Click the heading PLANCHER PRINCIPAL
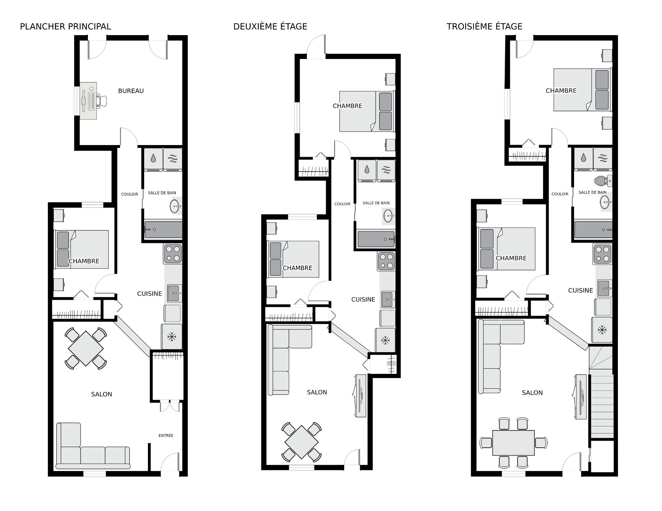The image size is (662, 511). [66, 27]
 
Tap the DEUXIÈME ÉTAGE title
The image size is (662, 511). [270, 27]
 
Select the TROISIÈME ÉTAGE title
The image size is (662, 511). [484, 27]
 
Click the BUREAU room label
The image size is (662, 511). [131, 91]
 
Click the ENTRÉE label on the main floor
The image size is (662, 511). [166, 436]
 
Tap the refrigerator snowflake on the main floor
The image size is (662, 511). [171, 337]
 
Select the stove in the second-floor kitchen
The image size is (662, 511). [387, 261]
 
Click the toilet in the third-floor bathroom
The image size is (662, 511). [603, 180]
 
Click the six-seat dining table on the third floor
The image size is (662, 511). [513, 442]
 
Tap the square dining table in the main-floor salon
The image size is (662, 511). [86, 348]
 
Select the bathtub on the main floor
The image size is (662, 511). [163, 229]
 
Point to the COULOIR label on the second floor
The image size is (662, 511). [342, 204]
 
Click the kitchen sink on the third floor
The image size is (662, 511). [604, 288]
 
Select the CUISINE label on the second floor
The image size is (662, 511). [363, 299]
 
